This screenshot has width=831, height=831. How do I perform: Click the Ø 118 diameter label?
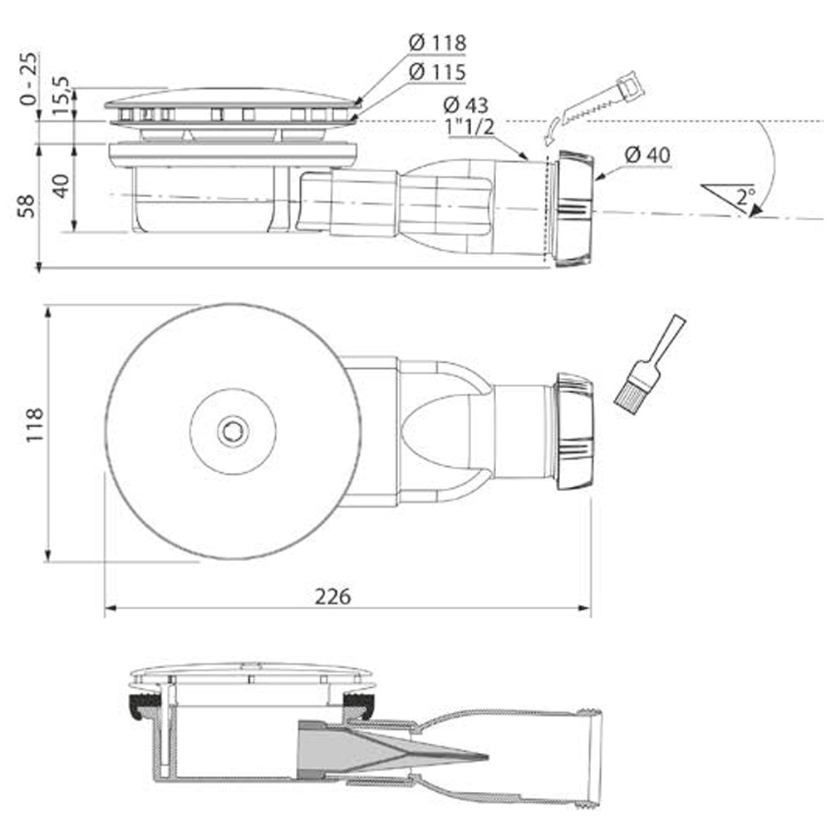pos(437,42)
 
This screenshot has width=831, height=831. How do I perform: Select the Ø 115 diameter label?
pos(437,72)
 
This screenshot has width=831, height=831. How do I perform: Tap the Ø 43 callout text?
pos(465,105)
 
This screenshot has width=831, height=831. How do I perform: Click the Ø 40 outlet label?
pos(647,155)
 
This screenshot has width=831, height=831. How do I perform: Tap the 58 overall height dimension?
pos(27,205)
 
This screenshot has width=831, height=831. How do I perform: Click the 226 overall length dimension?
pos(332,597)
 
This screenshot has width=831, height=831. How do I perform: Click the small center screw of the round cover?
pos(232,430)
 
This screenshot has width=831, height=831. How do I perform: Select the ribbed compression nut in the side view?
pos(573,209)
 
